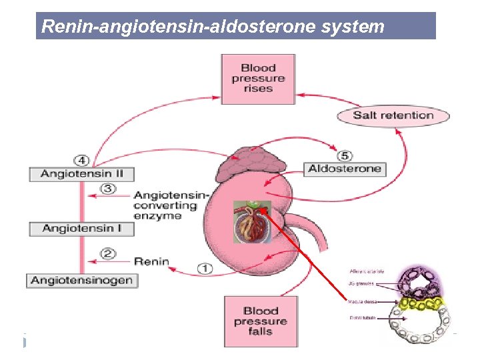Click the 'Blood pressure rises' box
click(257, 79)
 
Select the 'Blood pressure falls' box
click(261, 321)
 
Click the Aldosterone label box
click(345, 169)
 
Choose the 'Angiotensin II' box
click(81, 174)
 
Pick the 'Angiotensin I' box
click(81, 229)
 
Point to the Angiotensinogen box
click(81, 281)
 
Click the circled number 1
click(205, 269)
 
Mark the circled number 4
click(81, 161)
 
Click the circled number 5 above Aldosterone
click(345, 156)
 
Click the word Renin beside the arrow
click(152, 262)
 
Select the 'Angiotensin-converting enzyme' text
click(171, 205)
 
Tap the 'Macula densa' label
click(363, 301)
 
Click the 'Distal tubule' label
click(362, 318)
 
